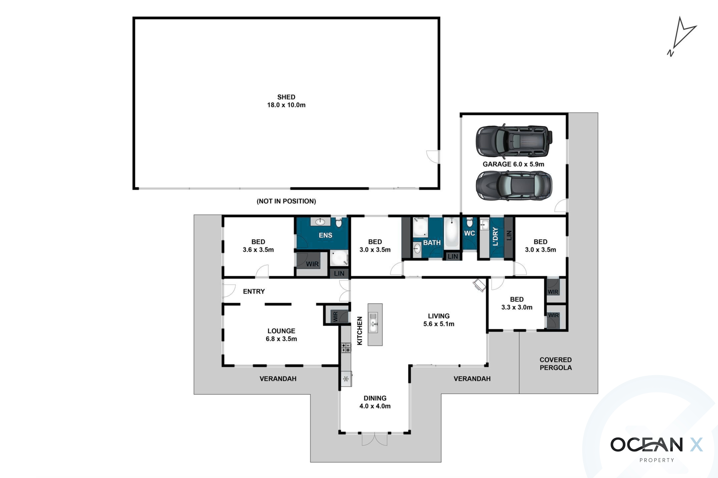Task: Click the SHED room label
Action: (286, 97)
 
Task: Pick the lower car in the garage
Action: (514, 186)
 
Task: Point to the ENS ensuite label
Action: (325, 235)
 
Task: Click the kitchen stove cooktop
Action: (346, 348)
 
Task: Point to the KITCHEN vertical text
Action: (360, 331)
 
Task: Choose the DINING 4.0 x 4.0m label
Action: (375, 402)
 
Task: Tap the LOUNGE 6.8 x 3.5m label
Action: (281, 335)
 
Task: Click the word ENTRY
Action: (254, 291)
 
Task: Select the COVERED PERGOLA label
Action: (556, 364)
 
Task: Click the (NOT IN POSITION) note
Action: (286, 201)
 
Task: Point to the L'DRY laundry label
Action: (495, 237)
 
